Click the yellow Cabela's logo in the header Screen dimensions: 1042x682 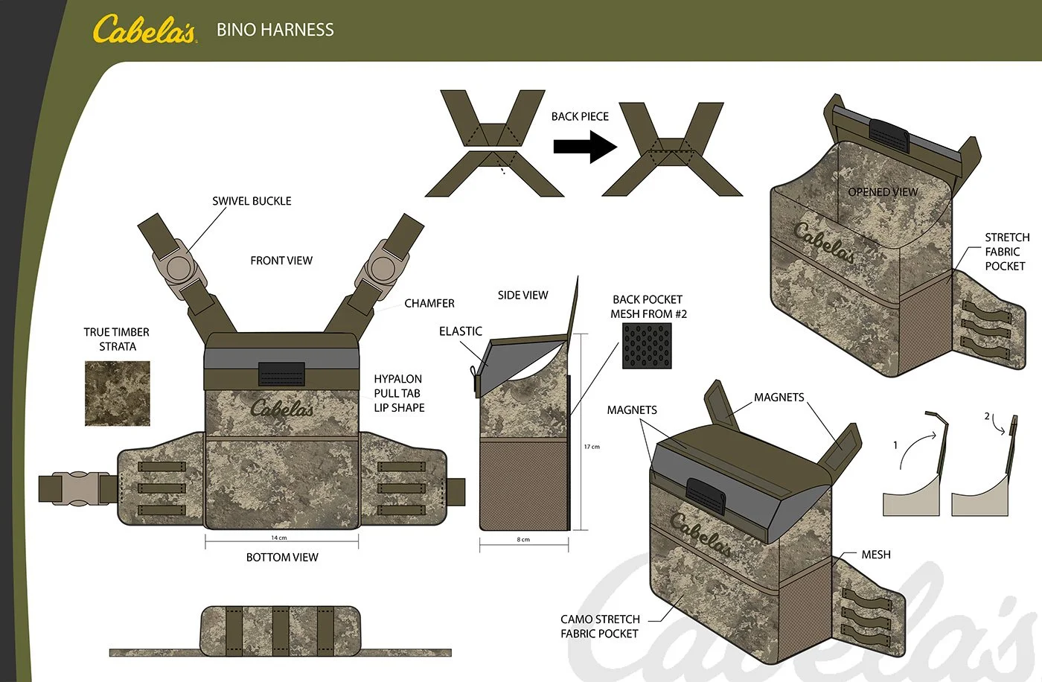point(144,29)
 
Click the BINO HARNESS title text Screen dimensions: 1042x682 point(275,30)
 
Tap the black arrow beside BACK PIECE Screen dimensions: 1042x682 point(585,147)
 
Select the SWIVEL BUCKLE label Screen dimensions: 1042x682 point(252,201)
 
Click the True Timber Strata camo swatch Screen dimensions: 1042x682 point(118,393)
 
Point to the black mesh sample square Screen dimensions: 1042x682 point(647,346)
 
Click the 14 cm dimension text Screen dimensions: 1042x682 point(279,538)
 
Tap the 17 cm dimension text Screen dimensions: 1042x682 point(592,447)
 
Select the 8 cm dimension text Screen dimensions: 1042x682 point(523,540)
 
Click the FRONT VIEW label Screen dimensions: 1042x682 point(281,261)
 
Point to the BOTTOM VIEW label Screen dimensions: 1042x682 point(282,558)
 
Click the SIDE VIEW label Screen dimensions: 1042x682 point(522,295)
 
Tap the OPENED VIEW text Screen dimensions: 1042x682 point(883,191)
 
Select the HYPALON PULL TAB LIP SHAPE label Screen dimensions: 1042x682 point(399,393)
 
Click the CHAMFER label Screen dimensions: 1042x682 point(429,303)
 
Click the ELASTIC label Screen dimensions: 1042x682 point(461,331)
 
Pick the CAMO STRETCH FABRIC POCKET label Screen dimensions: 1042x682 point(600,626)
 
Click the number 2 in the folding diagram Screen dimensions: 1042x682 point(987,416)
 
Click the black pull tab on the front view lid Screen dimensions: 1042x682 point(281,374)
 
